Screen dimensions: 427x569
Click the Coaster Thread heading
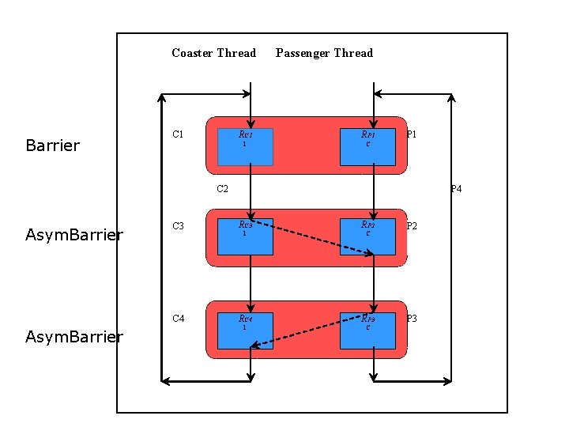[x=213, y=53]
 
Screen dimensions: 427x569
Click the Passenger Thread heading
[x=324, y=53]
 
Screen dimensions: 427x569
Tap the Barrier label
[x=52, y=145]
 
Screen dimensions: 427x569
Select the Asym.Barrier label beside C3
[x=73, y=235]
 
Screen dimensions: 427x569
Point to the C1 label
[x=178, y=134]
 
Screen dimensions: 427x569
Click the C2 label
[x=222, y=189]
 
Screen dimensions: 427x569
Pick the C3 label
[x=178, y=226]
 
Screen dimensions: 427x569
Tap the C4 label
[x=178, y=319]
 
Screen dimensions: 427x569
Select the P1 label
[x=412, y=134]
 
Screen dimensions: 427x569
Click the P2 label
[x=412, y=226]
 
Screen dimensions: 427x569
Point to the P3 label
[x=412, y=319]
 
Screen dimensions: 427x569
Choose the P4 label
[x=456, y=189]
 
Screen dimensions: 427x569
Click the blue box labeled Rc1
[x=245, y=147]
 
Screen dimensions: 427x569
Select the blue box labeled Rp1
[x=367, y=147]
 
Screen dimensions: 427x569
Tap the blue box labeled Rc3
[x=245, y=237]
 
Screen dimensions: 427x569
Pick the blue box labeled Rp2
[x=367, y=237]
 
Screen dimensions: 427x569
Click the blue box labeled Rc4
[x=245, y=330]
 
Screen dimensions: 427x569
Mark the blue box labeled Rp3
[x=367, y=330]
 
